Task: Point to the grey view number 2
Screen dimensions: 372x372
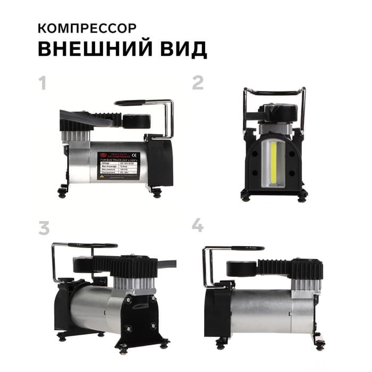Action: point(198,83)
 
